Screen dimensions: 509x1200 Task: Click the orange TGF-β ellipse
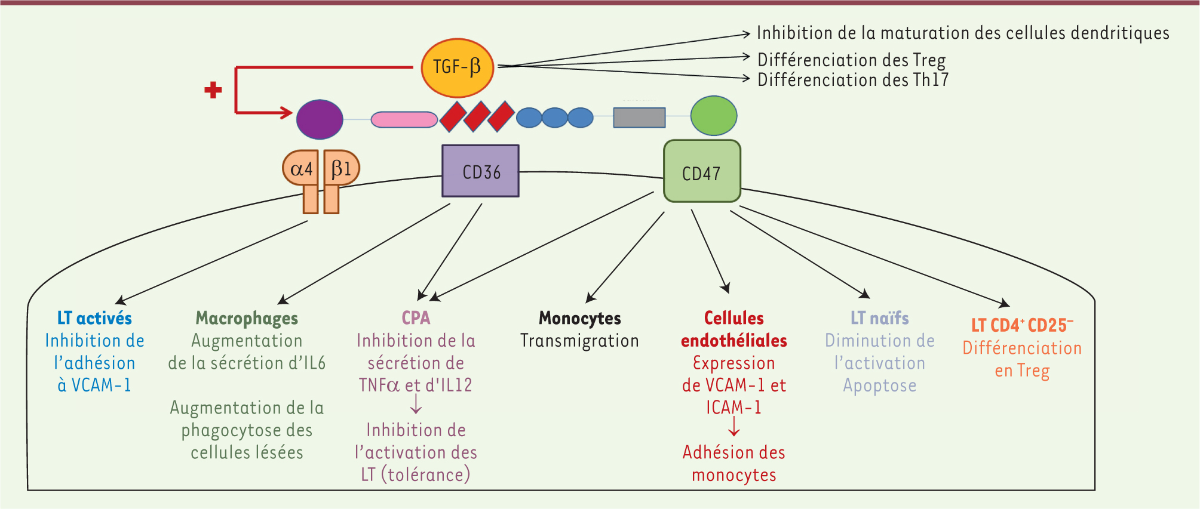coord(458,67)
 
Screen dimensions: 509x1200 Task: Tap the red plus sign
coord(213,90)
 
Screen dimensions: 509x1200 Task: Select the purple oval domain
coord(320,119)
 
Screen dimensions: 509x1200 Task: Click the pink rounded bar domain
coord(404,119)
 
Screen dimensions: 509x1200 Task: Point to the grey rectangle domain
coord(639,118)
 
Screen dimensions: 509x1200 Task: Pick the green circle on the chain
coord(714,116)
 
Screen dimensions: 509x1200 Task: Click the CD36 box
coord(480,171)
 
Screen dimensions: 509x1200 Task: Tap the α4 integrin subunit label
coord(301,169)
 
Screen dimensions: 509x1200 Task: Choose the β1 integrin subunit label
coord(342,169)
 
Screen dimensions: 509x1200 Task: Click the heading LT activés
coord(94,318)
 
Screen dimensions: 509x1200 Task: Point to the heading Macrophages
coord(247,318)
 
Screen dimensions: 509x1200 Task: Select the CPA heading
coord(416,317)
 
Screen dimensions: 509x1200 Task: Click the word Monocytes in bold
coord(579,318)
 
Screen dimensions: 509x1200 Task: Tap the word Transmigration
coord(579,341)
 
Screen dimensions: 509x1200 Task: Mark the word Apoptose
coord(879,385)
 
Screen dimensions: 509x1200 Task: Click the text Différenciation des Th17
coord(852,80)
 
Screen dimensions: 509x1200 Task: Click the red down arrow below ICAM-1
coord(734,426)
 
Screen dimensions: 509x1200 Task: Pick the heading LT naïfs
coord(879,318)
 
